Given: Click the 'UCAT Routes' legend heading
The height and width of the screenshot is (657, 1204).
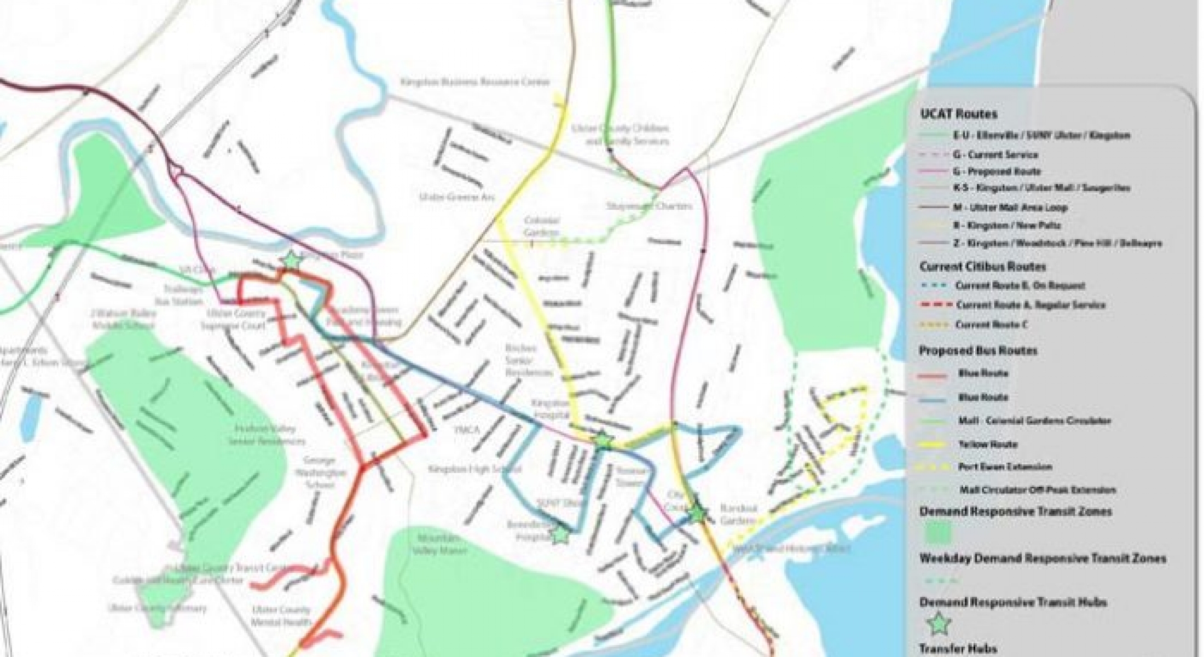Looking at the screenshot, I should click(x=958, y=114).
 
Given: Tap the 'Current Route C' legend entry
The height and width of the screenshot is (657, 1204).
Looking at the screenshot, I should click(x=991, y=325).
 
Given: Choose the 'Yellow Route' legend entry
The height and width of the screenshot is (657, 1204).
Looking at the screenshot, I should click(x=987, y=444).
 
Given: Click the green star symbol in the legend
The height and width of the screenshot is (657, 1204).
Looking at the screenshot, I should click(x=939, y=623).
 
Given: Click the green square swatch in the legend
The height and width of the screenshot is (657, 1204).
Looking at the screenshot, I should click(x=939, y=533).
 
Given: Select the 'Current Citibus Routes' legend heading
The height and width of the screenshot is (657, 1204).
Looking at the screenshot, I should click(x=982, y=267).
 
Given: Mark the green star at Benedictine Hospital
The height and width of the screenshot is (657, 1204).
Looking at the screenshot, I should click(x=559, y=535).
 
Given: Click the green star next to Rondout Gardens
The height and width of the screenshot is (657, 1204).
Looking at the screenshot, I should click(x=698, y=513).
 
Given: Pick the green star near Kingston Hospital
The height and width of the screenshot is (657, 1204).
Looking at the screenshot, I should click(x=603, y=440).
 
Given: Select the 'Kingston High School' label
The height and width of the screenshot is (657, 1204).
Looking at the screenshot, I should click(x=474, y=469).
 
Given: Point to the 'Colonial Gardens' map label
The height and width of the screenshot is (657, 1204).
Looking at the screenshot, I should click(x=542, y=226).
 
